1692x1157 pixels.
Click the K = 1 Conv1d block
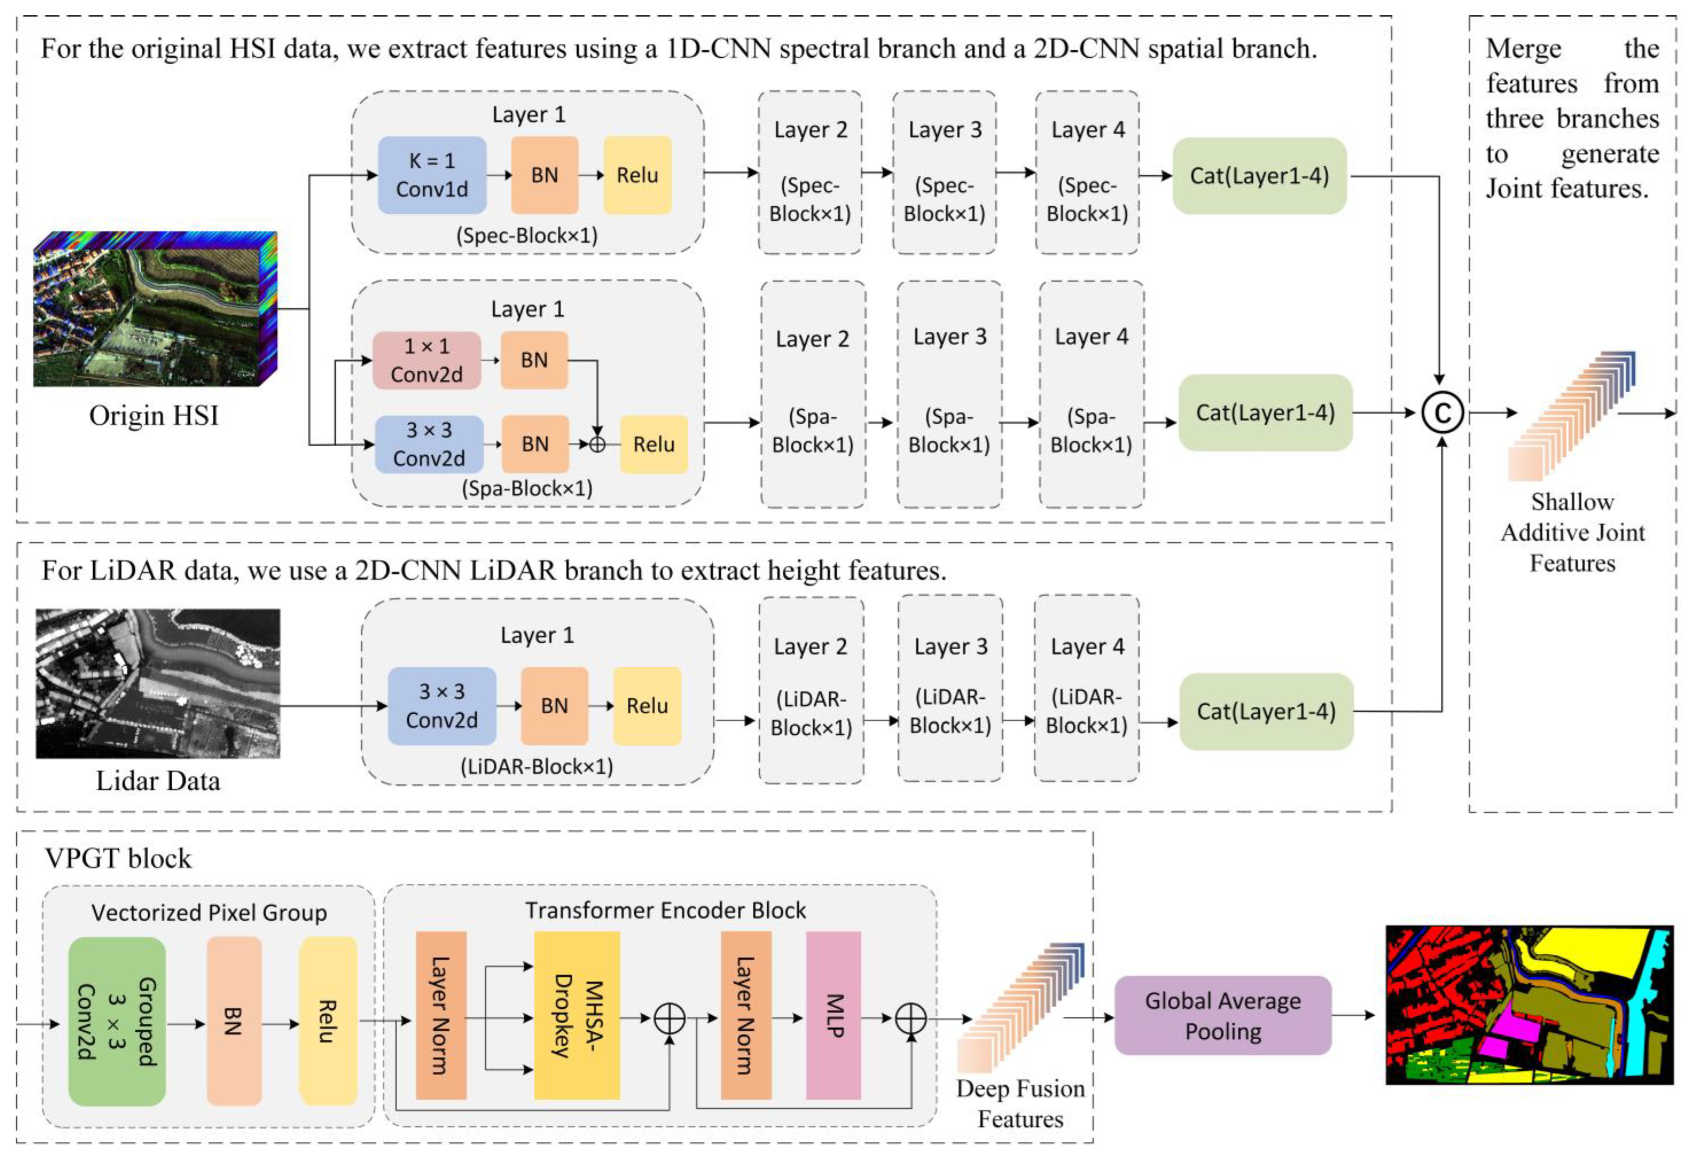coord(432,175)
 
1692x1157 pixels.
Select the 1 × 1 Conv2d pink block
coord(427,360)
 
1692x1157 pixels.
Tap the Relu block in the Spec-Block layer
coord(637,175)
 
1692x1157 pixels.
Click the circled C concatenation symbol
coord(1442,412)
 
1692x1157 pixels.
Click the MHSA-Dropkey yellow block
coord(577,1015)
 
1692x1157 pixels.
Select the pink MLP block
coord(833,1015)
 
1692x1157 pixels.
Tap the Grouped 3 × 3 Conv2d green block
coord(116,1021)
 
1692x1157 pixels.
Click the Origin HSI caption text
coord(154,415)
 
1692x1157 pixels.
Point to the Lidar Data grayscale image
coord(158,683)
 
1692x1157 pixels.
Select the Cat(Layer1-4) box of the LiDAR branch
coord(1265,711)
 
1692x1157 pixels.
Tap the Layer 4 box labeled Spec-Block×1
coord(1087,172)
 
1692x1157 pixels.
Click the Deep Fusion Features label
coord(1020,1103)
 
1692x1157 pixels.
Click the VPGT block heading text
coord(118,859)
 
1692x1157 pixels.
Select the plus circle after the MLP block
coord(910,1018)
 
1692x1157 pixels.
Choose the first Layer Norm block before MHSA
coord(441,1015)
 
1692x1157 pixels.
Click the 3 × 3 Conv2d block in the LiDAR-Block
coord(441,705)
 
